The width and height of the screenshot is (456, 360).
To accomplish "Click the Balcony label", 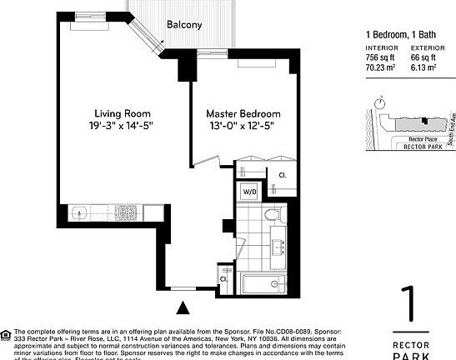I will click(x=183, y=25).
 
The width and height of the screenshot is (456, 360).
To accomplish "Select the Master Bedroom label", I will click(x=243, y=113).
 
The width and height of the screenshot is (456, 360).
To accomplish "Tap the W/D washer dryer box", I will click(x=249, y=192).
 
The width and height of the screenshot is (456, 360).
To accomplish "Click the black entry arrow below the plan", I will click(x=183, y=308).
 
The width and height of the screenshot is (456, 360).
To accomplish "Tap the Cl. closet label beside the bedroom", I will click(x=282, y=175).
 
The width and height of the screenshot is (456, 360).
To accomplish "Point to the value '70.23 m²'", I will click(x=382, y=67).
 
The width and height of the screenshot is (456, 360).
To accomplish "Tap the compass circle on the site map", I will click(x=380, y=103).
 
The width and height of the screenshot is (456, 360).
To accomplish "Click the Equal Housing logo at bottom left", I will click(x=7, y=336).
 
